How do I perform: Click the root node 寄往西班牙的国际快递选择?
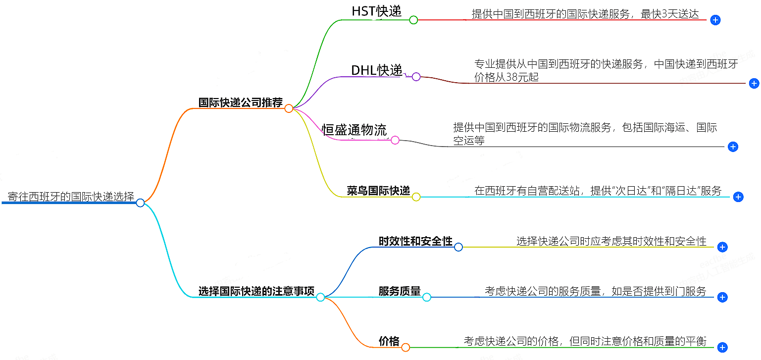[71, 197]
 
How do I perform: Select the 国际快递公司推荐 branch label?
[240, 103]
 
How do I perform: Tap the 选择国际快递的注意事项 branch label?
[256, 291]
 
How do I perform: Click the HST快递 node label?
[376, 11]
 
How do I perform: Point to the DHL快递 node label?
[376, 70]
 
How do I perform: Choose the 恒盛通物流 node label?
[354, 130]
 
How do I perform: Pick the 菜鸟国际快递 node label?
[378, 191]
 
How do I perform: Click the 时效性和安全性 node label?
[415, 241]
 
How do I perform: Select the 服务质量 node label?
[400, 291]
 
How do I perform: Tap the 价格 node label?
[389, 341]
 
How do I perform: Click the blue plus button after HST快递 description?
[715, 20]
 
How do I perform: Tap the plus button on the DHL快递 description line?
[754, 84]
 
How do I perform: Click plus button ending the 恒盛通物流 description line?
[733, 147]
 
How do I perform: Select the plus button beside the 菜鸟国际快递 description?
[738, 197]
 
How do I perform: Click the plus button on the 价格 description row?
[722, 348]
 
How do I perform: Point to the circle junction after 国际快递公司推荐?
[289, 108]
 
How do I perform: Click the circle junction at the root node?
[140, 203]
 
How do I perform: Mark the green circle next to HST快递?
[413, 20]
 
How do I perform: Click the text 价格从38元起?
[506, 77]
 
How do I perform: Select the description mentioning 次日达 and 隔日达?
[598, 191]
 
